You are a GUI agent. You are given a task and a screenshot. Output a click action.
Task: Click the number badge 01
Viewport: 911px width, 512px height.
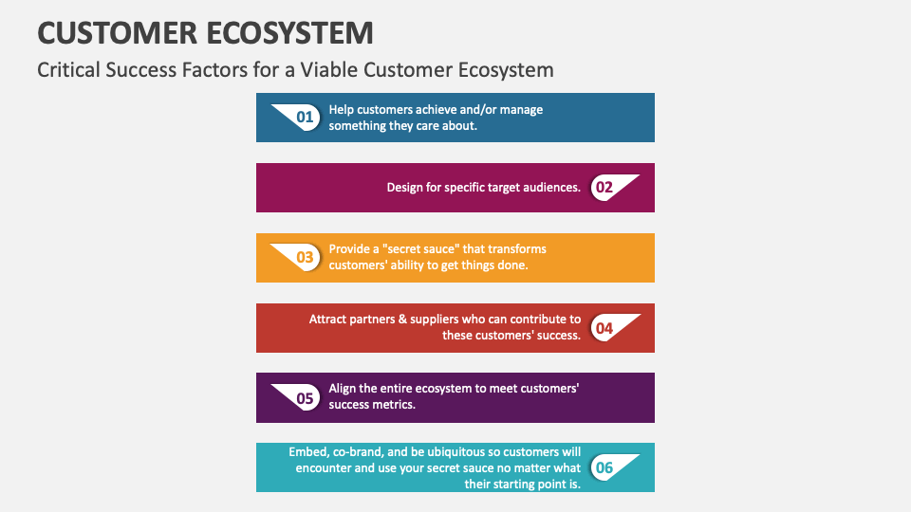pyautogui.click(x=305, y=118)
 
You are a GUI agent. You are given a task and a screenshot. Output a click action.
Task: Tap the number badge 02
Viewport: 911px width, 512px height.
pyautogui.click(x=604, y=188)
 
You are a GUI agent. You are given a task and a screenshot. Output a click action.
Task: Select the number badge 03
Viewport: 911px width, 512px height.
pyautogui.click(x=305, y=257)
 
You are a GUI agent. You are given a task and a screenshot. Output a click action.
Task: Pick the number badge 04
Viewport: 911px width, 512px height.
pyautogui.click(x=604, y=328)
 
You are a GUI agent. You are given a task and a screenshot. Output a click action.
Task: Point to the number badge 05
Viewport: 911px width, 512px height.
pyautogui.click(x=305, y=398)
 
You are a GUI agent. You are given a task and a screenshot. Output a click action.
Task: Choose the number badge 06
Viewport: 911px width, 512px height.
pyautogui.click(x=604, y=467)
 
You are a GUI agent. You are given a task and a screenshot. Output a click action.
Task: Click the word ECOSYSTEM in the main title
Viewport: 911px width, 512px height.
pyautogui.click(x=289, y=33)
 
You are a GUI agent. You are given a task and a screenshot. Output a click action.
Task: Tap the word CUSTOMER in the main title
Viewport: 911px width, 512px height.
pyautogui.click(x=117, y=33)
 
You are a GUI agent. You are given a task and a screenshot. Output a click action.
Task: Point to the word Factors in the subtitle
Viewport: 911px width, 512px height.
pyautogui.click(x=215, y=70)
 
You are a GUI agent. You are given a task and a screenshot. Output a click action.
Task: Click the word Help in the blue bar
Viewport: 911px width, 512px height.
pyautogui.click(x=342, y=110)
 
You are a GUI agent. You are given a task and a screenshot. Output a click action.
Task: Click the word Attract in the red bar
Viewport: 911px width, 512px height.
pyautogui.click(x=329, y=320)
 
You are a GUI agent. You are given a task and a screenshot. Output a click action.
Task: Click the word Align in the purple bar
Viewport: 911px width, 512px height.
pyautogui.click(x=344, y=389)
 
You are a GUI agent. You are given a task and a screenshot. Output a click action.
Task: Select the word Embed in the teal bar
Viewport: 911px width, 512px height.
pyautogui.click(x=308, y=452)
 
